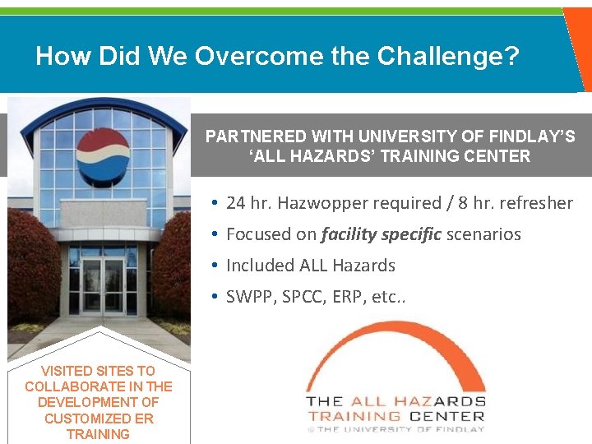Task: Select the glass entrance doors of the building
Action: [103, 285]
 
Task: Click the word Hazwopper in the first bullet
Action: [325, 203]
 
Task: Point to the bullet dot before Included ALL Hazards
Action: [213, 266]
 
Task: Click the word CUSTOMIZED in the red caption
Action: [86, 419]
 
